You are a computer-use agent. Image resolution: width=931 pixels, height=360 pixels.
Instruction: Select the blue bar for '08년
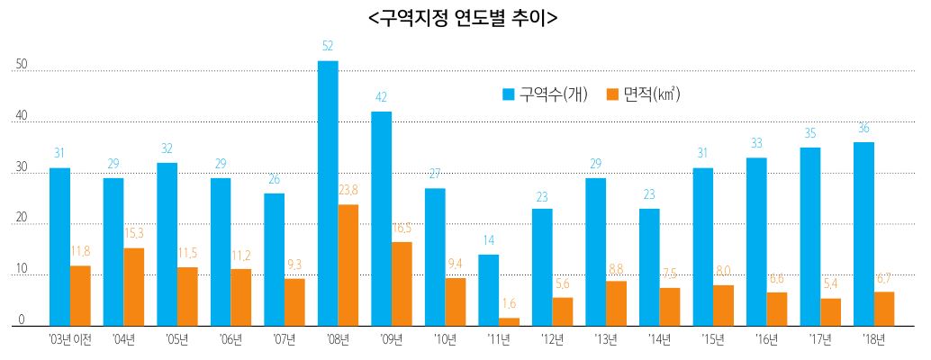click(328, 193)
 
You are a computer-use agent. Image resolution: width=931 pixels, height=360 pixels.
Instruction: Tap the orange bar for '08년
click(348, 265)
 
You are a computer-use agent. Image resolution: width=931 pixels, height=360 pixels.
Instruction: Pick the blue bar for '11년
click(488, 290)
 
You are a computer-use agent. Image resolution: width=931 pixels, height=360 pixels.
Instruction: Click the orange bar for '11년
click(509, 321)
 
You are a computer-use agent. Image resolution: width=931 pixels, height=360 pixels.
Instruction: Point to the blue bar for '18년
click(863, 234)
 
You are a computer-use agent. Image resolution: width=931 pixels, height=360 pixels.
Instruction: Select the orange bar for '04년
click(133, 287)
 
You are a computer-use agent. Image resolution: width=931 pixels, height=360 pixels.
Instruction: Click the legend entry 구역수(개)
click(545, 94)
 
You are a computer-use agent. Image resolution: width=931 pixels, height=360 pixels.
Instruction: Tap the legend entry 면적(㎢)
click(643, 94)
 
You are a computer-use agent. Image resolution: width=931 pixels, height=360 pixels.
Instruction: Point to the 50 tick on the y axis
click(22, 66)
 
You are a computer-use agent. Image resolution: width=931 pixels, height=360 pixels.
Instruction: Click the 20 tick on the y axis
click(22, 220)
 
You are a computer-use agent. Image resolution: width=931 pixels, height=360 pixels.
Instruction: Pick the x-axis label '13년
click(606, 339)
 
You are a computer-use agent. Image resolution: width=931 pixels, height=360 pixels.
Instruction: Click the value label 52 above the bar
click(328, 46)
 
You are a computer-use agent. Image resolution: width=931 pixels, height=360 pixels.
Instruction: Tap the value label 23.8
click(348, 190)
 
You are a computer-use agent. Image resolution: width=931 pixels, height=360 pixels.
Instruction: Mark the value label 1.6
click(509, 303)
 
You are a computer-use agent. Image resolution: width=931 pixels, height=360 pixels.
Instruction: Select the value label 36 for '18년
click(863, 128)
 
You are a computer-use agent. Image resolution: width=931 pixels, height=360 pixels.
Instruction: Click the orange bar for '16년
click(776, 309)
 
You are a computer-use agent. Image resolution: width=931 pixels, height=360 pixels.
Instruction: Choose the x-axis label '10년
click(445, 339)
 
